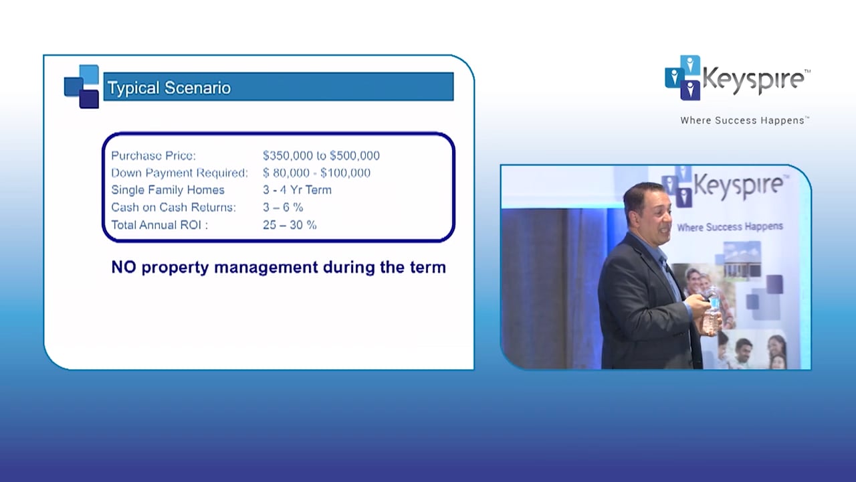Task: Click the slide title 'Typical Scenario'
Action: pyautogui.click(x=169, y=88)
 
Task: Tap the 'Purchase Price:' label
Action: pyautogui.click(x=154, y=156)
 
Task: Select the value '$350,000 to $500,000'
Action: pyautogui.click(x=322, y=156)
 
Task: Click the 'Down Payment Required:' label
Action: pyautogui.click(x=180, y=173)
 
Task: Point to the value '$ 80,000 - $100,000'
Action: pyautogui.click(x=317, y=173)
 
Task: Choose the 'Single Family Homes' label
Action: pyautogui.click(x=168, y=189)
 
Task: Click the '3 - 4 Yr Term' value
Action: pyautogui.click(x=298, y=189)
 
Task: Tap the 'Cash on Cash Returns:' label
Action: pyautogui.click(x=173, y=208)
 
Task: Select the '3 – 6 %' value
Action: pyautogui.click(x=283, y=208)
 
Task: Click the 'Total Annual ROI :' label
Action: pyautogui.click(x=160, y=225)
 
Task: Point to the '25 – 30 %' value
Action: pyautogui.click(x=290, y=225)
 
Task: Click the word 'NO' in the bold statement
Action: pyautogui.click(x=124, y=267)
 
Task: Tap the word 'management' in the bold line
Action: pyautogui.click(x=266, y=268)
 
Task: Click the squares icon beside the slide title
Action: pyautogui.click(x=82, y=86)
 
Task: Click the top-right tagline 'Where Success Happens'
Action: pyautogui.click(x=742, y=120)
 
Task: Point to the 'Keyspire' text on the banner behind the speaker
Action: pyautogui.click(x=738, y=186)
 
